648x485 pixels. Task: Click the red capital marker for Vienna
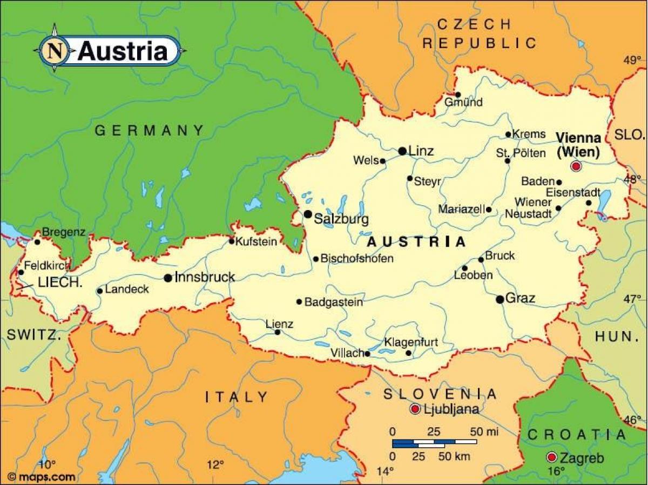576,166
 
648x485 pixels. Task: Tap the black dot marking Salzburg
308,214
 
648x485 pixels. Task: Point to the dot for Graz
500,299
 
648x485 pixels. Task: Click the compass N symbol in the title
54,50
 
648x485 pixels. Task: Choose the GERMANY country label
150,130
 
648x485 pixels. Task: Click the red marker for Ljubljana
415,409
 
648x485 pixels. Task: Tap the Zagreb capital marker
552,457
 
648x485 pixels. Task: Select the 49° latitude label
631,60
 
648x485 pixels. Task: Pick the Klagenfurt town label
410,342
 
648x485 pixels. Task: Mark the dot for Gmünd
458,95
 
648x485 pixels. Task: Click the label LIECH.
59,282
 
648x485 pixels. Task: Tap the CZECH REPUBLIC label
478,33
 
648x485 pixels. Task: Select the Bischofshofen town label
357,259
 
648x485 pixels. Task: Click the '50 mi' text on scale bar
484,432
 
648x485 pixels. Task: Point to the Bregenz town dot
37,242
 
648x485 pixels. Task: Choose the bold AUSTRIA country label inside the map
416,241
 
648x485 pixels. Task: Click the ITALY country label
237,398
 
